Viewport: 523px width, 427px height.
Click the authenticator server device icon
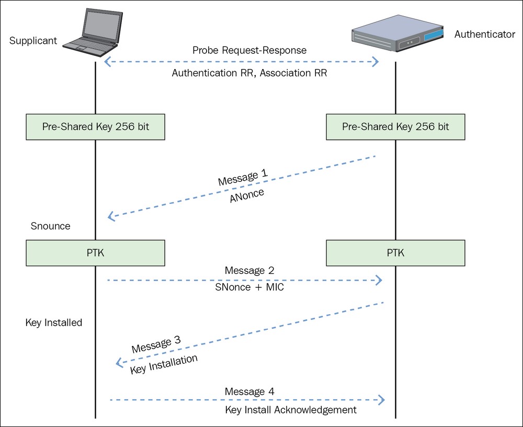click(x=398, y=33)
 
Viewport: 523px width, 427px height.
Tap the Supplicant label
click(x=33, y=41)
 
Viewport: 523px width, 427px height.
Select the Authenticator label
click(x=485, y=34)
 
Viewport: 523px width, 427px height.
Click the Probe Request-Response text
click(x=249, y=50)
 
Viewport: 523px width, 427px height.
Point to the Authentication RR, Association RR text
click(x=249, y=73)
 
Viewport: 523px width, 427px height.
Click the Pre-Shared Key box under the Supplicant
click(x=95, y=126)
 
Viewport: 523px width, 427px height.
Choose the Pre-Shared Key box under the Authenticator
click(x=395, y=126)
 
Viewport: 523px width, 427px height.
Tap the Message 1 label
click(x=243, y=177)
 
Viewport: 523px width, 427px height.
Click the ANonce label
click(x=247, y=195)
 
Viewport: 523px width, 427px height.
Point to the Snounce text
click(x=50, y=226)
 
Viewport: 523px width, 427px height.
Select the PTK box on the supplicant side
click(x=95, y=252)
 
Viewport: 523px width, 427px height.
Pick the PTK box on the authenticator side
click(x=395, y=252)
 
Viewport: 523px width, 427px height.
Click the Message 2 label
click(x=249, y=270)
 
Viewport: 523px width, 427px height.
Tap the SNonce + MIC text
click(x=249, y=287)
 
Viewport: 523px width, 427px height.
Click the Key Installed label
click(x=54, y=322)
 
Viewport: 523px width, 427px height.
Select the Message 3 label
click(x=156, y=344)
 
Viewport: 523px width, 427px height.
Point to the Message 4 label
click(x=249, y=391)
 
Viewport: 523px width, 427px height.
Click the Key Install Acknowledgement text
click(x=291, y=410)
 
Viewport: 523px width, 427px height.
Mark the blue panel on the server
click(x=434, y=34)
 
